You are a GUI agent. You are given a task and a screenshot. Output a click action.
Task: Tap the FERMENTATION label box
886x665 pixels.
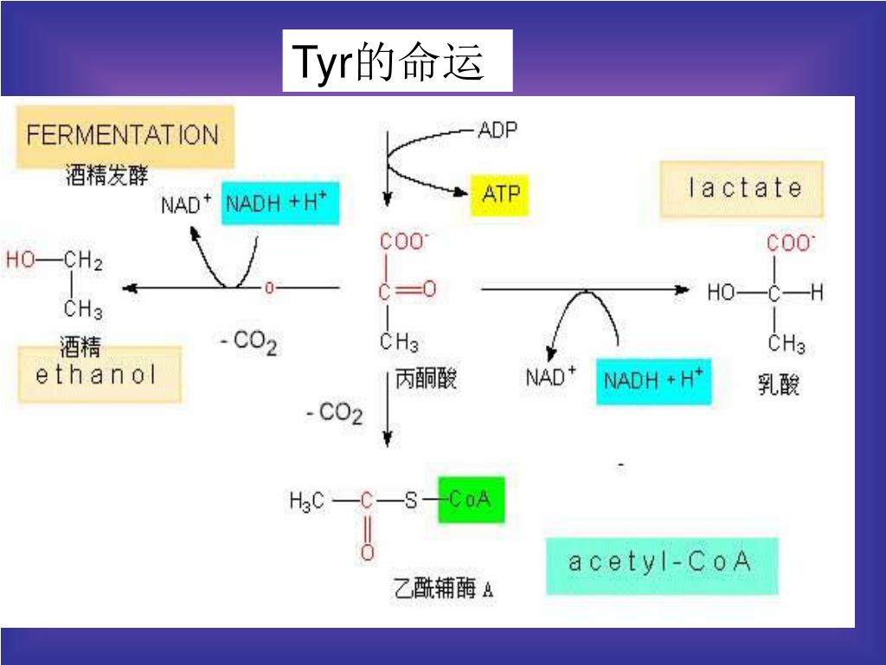coord(123,136)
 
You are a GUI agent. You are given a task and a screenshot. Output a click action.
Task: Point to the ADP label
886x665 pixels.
coord(498,130)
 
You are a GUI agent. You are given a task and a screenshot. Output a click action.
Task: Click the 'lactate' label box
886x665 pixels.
coord(742,189)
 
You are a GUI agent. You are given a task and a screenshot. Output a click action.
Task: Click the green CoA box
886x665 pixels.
coord(471,500)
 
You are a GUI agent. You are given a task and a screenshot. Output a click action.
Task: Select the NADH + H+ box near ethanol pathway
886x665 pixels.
coord(279,204)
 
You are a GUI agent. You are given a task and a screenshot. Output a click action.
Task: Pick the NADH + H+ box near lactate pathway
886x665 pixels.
coord(653,381)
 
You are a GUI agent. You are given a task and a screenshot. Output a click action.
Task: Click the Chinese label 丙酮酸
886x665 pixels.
coord(425,379)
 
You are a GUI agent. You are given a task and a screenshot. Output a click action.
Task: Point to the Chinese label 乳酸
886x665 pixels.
coord(779,384)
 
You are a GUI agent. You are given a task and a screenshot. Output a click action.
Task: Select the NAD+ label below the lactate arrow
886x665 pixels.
coord(550,378)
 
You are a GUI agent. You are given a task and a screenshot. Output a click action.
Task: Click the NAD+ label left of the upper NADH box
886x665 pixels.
coord(186,205)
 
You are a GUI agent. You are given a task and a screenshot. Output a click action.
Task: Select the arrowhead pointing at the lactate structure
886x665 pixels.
coord(683,289)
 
